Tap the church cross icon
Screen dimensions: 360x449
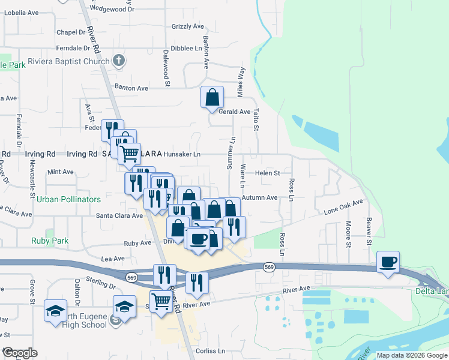coord(119,61)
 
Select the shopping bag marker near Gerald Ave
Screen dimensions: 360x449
coord(212,98)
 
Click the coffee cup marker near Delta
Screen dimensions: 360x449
coord(388,262)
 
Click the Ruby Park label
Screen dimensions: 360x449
coord(50,241)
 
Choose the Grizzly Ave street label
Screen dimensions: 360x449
coord(188,26)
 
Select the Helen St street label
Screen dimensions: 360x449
coord(268,173)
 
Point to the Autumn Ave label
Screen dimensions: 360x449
coord(260,197)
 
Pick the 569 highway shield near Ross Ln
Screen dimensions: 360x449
coord(268,266)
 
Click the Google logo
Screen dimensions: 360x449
coord(20,353)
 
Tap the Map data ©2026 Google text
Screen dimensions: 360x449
coord(411,355)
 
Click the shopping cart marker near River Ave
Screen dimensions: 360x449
coord(161,301)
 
